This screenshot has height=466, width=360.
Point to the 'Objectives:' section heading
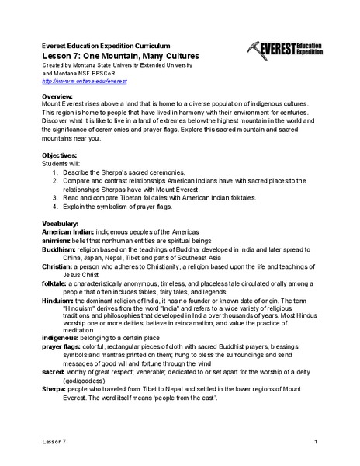click(x=61, y=155)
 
